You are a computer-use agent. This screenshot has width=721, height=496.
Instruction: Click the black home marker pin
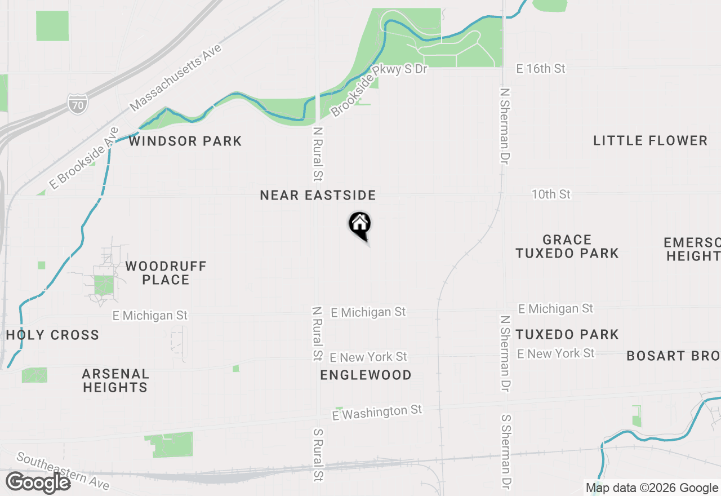tap(359, 225)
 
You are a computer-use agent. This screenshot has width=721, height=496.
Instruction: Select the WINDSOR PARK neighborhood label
tap(185, 141)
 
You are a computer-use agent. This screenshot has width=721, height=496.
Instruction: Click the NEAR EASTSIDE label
tap(318, 195)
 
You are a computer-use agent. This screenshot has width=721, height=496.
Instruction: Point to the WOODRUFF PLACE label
tap(166, 273)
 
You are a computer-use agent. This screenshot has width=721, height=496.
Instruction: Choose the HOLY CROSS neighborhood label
tap(52, 335)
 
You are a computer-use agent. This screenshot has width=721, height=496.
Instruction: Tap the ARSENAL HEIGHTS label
tap(115, 380)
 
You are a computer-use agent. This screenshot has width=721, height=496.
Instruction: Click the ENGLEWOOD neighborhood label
tap(366, 375)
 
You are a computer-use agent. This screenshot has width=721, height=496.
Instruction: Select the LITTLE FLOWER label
tap(650, 140)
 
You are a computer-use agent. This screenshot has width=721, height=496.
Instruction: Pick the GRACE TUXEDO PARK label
tap(567, 246)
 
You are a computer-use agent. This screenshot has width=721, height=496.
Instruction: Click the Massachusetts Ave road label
tap(175, 78)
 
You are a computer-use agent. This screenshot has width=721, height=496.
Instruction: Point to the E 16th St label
tap(541, 69)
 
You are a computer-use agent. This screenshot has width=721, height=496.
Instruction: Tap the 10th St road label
tap(551, 194)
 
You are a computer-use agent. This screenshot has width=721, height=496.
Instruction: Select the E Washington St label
tap(377, 413)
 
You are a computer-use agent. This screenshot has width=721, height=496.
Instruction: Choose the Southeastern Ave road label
tap(62, 471)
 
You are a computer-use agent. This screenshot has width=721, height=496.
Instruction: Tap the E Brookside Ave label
tap(84, 158)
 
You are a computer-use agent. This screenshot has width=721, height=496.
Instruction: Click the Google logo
tap(38, 482)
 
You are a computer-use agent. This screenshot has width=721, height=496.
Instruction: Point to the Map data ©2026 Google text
tap(652, 488)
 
